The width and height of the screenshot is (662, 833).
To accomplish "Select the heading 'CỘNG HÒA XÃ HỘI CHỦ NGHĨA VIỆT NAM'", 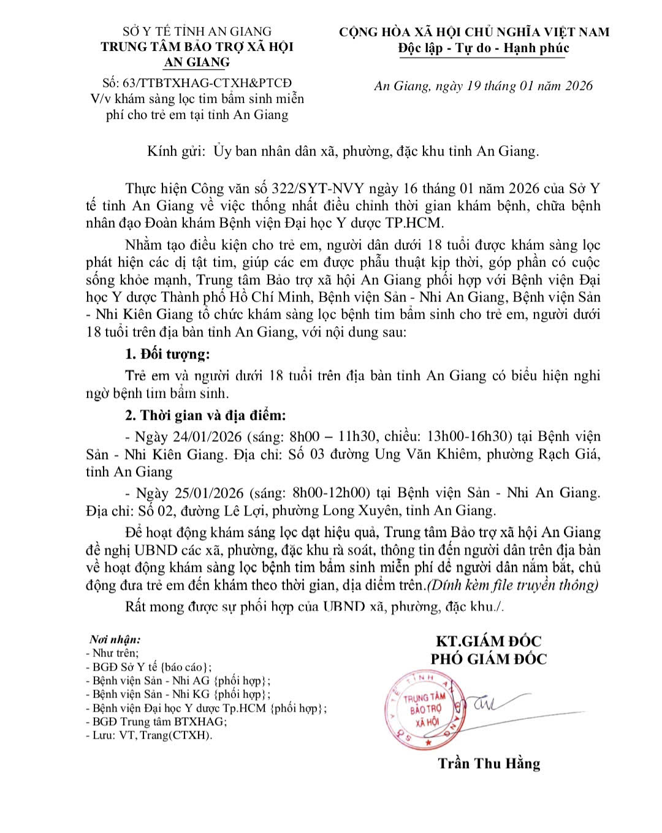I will coord(474,32).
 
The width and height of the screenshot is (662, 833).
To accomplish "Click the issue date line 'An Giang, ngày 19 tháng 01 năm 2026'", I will coord(484,86).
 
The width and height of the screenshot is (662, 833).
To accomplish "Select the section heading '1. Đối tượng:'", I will coord(167,354).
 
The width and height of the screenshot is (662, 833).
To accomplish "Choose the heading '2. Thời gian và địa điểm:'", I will coord(205,416).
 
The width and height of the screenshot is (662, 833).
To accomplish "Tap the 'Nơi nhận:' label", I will coord(115,639).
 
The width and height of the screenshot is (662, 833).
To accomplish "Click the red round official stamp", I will coord(423,710).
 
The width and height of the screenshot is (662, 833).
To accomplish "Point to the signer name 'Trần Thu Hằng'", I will coord(489,764).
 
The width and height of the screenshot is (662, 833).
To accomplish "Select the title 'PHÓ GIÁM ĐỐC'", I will coord(489,660).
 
